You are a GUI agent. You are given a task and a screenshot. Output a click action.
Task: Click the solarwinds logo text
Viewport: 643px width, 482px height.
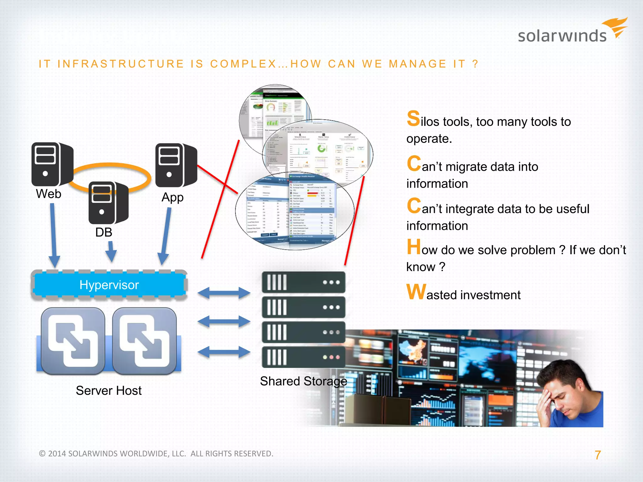(562, 36)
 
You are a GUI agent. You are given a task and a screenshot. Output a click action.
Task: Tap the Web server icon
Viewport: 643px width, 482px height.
(52, 164)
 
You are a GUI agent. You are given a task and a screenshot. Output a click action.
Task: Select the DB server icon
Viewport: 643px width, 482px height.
(108, 202)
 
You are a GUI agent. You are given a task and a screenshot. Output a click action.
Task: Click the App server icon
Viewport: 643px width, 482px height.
(176, 165)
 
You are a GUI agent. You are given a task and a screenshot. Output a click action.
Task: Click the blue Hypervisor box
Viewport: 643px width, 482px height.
(109, 285)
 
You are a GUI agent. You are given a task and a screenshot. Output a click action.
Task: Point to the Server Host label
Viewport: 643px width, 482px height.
(109, 391)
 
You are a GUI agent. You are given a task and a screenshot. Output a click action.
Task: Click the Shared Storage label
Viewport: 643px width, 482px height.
(303, 381)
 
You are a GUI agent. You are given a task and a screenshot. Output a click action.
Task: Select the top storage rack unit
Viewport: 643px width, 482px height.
(303, 282)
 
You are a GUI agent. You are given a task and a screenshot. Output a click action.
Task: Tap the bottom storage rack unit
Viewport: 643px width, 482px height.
(303, 357)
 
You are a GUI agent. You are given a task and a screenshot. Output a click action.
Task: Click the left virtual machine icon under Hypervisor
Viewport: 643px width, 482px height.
(73, 341)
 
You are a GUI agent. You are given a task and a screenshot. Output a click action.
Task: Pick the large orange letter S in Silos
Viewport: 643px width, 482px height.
(413, 119)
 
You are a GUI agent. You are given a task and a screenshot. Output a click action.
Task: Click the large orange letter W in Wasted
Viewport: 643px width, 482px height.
(416, 292)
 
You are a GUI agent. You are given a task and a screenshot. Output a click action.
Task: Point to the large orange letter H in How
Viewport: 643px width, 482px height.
(413, 247)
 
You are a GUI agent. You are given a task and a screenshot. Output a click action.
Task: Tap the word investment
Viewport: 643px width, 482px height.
(490, 295)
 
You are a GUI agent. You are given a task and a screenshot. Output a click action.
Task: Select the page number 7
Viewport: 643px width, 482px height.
(597, 455)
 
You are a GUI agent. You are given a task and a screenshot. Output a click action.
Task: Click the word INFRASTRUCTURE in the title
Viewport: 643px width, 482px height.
(121, 64)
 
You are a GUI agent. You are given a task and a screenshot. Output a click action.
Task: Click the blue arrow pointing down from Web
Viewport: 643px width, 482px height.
(53, 235)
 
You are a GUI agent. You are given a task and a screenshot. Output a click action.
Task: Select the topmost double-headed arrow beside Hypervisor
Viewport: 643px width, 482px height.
(224, 293)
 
